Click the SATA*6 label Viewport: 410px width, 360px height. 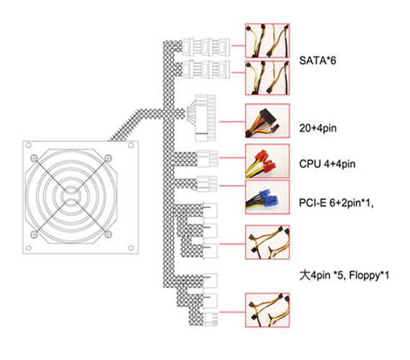[317, 60]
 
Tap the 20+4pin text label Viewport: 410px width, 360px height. [318, 128]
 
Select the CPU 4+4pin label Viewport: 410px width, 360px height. [327, 164]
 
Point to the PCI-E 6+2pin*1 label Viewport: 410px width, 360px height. [336, 203]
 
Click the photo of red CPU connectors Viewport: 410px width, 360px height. [268, 161]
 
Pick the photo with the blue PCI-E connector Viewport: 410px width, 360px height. [268, 197]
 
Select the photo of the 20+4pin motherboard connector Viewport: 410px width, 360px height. [268, 121]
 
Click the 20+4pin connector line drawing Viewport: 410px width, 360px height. [202, 118]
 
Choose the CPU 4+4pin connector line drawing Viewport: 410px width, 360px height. [207, 158]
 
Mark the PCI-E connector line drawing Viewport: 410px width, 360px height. [207, 184]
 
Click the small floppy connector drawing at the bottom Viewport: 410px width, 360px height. [211, 319]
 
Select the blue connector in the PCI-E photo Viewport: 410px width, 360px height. [268, 198]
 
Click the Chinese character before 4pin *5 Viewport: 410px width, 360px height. [305, 276]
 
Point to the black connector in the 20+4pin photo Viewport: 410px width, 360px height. [268, 118]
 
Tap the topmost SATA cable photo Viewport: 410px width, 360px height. [268, 40]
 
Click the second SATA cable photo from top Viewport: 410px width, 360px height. [268, 78]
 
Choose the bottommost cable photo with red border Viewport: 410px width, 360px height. [268, 310]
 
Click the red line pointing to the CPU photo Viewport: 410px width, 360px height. [232, 158]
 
